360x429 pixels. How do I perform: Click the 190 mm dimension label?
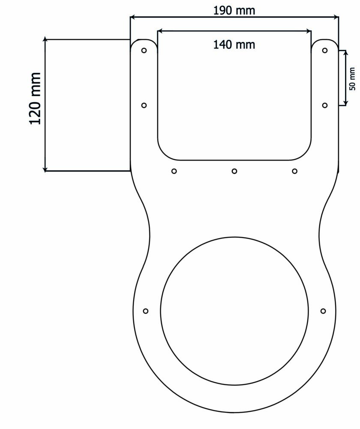[x=234, y=10]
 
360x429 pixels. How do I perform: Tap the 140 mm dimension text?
[x=234, y=44]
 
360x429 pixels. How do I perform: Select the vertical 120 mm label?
[x=35, y=99]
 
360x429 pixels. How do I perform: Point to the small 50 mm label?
[x=352, y=79]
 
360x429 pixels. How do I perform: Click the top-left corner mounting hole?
[x=144, y=50]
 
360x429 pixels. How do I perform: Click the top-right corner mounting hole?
[x=325, y=50]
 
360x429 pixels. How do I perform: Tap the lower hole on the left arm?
[x=144, y=106]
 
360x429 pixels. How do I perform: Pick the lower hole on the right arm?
[x=325, y=106]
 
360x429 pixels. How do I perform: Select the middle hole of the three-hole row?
[x=234, y=171]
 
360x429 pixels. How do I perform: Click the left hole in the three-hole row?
[x=174, y=171]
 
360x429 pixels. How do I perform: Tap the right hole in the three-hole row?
[x=294, y=171]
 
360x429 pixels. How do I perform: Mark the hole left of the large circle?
[x=146, y=311]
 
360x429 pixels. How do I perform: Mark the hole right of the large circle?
[x=323, y=311]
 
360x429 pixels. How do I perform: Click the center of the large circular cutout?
[x=234, y=311]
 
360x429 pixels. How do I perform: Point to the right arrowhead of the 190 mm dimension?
[x=336, y=17]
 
